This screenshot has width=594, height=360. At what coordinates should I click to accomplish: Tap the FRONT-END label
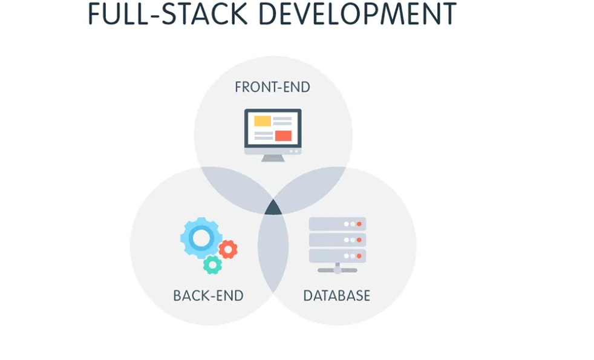pos(272,87)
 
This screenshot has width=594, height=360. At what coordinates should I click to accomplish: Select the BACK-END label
pos(208,296)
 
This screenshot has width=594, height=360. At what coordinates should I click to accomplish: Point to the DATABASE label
pos(336,296)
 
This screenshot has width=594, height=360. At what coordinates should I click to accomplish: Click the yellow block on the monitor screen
pos(263,121)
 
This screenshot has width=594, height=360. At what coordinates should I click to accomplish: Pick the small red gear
pos(228,249)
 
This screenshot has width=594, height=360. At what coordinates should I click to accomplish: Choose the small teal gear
pos(212,264)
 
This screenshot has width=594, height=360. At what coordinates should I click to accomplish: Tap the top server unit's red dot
pos(359,224)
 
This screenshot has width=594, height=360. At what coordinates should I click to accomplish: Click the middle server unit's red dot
pos(359,240)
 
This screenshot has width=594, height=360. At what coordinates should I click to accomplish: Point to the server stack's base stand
pos(338,270)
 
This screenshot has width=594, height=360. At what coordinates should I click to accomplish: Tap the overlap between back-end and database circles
pos(273,254)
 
